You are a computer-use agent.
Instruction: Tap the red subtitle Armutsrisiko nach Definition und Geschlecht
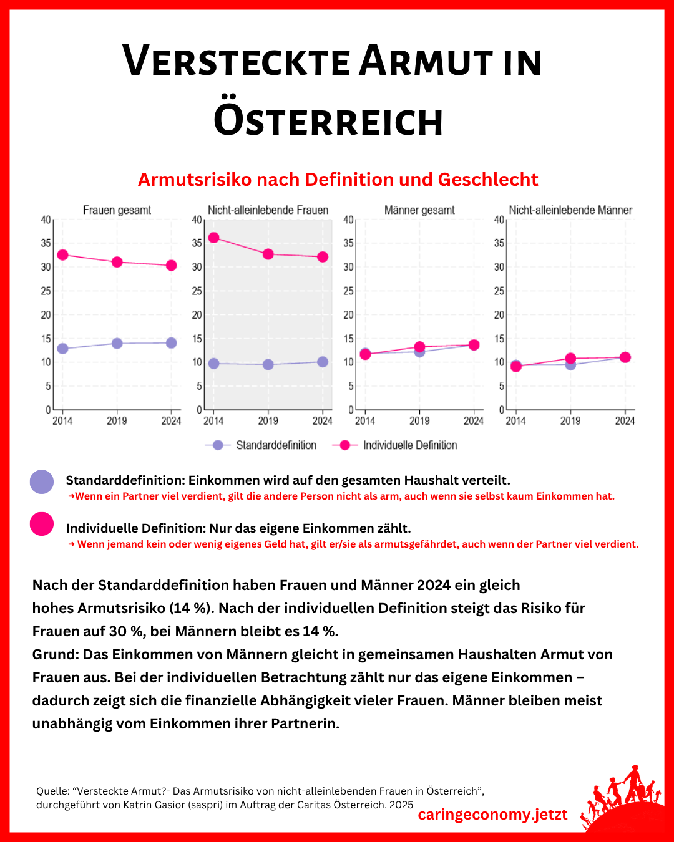(x=338, y=180)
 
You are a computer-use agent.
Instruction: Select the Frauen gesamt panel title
(x=117, y=210)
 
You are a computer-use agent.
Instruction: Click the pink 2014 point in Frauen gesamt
(x=62, y=255)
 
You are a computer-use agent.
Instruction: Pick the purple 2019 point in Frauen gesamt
(x=117, y=343)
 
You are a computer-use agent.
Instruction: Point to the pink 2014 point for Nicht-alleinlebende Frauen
(x=213, y=238)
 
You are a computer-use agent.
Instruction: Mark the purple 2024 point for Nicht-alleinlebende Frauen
(x=323, y=362)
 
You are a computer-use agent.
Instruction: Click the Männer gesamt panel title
(x=419, y=210)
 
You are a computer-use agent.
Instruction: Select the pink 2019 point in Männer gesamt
(x=419, y=347)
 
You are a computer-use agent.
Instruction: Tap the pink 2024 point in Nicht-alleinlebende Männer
(x=625, y=357)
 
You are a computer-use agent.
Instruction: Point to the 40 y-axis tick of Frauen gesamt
(x=46, y=220)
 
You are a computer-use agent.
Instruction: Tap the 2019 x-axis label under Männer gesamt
(x=419, y=421)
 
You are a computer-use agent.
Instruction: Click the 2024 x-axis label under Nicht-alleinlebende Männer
(x=625, y=421)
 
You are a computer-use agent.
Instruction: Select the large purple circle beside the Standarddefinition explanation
(x=42, y=482)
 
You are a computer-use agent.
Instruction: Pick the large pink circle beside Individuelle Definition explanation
(x=42, y=524)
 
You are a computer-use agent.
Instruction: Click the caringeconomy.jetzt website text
(x=492, y=815)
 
